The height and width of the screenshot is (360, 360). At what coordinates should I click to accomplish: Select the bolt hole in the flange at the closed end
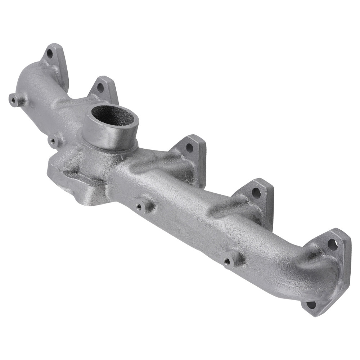[50, 54]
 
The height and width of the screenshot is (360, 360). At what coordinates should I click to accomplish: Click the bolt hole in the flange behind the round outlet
[100, 87]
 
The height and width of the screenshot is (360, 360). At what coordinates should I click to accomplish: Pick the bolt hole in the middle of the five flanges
[189, 147]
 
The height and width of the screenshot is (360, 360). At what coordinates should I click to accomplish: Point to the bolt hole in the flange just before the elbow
[256, 193]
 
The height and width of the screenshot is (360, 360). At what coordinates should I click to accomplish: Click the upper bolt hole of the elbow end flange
[332, 245]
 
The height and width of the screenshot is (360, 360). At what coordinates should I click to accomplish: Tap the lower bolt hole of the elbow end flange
[311, 305]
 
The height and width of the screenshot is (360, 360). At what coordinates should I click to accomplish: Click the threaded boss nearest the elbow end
[227, 262]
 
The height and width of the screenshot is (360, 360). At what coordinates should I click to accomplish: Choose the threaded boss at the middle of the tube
[139, 207]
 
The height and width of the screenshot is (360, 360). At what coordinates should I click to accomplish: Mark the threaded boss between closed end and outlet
[54, 141]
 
